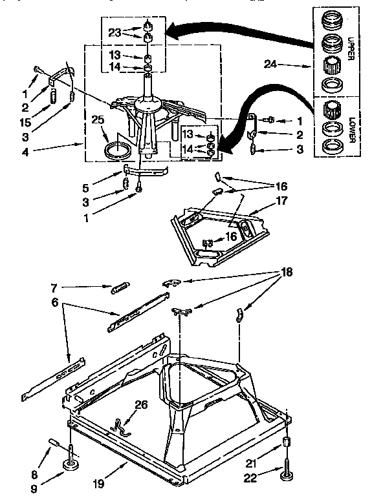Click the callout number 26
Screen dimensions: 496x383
coord(142,405)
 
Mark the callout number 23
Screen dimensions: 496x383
coord(115,32)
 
